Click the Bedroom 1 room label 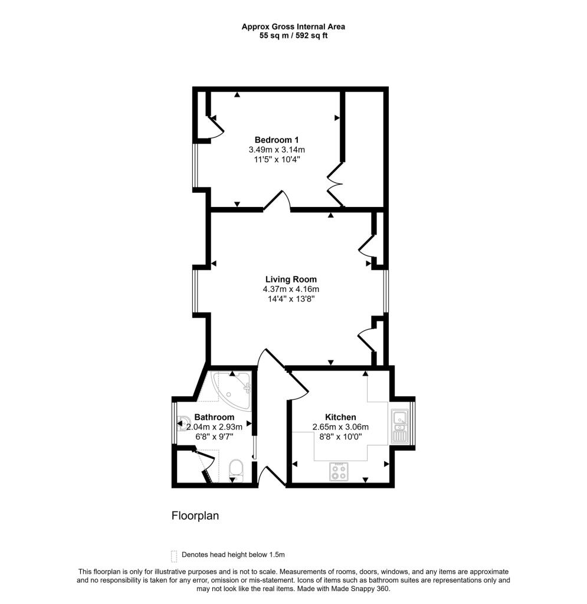(276, 140)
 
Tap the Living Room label (290, 280)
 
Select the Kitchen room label (340, 417)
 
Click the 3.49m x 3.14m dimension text (276, 150)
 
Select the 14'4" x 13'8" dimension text (290, 299)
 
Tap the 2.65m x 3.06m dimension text (340, 427)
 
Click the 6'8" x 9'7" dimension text (210, 437)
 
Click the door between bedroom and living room (277, 202)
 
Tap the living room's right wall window (386, 291)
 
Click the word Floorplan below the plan (195, 516)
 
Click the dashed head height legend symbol (173, 556)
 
